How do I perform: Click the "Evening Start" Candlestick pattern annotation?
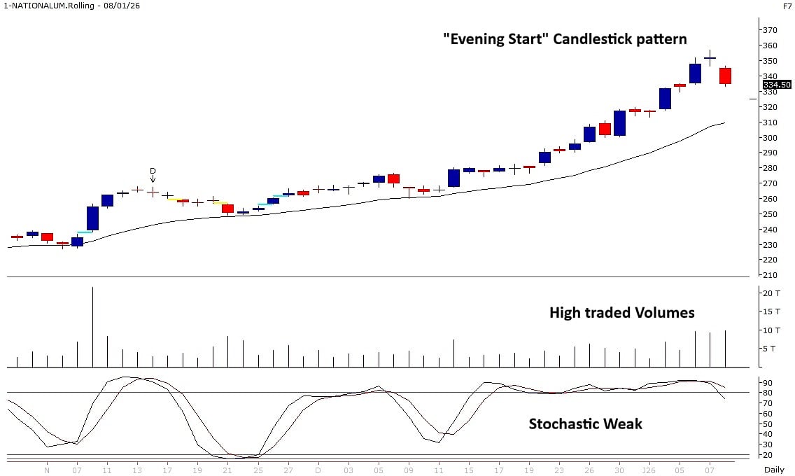pos(565,38)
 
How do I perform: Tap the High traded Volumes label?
pos(621,312)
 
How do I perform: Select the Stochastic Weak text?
pos(585,423)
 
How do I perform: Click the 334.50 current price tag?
pos(776,85)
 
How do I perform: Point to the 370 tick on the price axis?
pos(771,30)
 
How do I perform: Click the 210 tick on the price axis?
pos(771,276)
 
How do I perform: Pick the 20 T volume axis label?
pos(773,293)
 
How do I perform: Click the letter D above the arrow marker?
pos(153,171)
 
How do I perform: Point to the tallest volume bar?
pos(92,326)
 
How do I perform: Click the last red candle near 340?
pos(725,76)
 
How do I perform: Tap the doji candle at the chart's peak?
pos(710,58)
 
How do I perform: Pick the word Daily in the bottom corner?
pos(773,470)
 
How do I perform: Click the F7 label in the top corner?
pos(787,6)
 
